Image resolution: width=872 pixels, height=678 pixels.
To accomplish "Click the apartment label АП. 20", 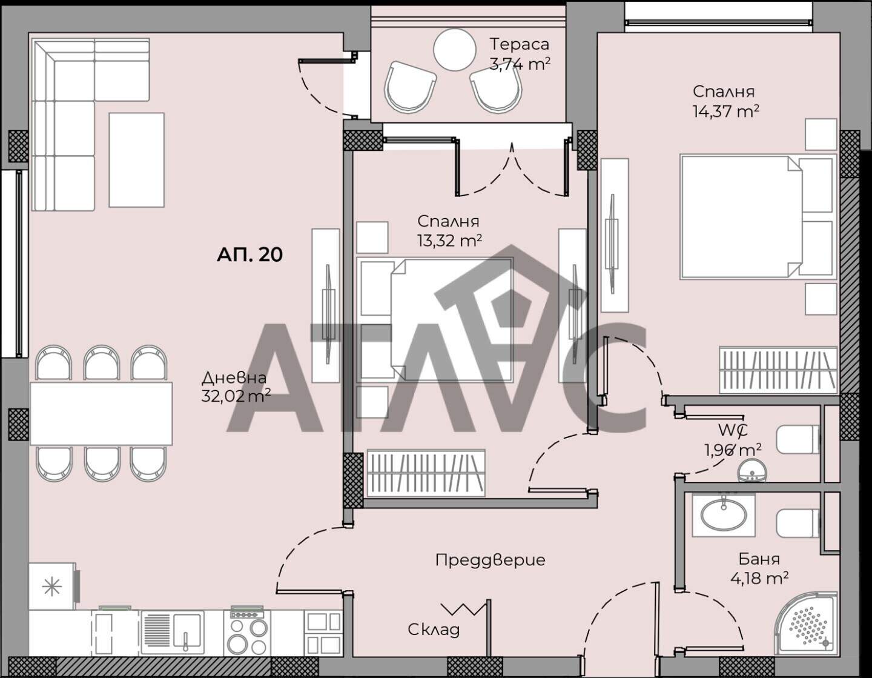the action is click(249, 254).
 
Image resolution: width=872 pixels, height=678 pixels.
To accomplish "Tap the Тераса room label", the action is click(520, 44).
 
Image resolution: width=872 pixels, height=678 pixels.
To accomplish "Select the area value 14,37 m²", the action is click(726, 111).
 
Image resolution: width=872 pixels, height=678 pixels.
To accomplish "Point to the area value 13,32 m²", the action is click(449, 241).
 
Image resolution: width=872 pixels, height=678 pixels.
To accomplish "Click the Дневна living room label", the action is click(234, 377).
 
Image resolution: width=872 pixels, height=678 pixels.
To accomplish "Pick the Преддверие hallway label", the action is click(490, 560).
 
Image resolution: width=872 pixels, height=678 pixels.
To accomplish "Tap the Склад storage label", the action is click(434, 630).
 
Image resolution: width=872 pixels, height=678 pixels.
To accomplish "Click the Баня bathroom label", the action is click(759, 559).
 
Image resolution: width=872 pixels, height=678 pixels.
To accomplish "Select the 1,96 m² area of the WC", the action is click(733, 450).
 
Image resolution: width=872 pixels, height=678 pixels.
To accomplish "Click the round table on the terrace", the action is click(455, 50).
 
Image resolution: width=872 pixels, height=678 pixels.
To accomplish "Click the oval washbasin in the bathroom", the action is click(724, 515).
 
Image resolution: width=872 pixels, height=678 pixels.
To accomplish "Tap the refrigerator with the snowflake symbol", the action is click(52, 587).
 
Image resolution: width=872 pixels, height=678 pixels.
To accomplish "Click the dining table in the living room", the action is click(101, 413).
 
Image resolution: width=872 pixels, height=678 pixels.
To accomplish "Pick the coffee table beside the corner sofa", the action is click(136, 160).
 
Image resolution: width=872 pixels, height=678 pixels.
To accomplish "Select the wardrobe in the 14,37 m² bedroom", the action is click(778, 370).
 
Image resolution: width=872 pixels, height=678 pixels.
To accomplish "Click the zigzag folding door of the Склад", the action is click(463, 609).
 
